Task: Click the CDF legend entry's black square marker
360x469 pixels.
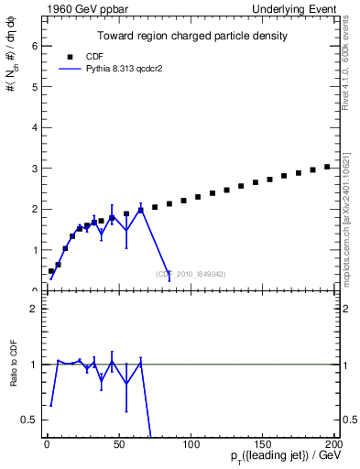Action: (71, 54)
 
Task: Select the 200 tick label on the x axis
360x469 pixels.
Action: (333, 444)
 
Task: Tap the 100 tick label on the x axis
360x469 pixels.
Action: (191, 444)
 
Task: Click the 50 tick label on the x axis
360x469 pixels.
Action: (119, 444)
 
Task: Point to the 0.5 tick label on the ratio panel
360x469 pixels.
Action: (30, 420)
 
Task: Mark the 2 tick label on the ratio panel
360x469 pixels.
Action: (34, 309)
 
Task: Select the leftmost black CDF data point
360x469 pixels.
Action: (51, 271)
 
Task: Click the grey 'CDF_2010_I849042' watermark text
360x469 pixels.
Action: (191, 274)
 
